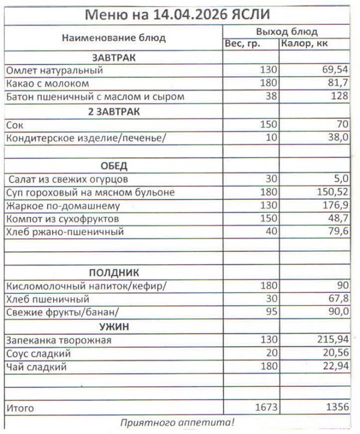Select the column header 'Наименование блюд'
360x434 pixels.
(113, 38)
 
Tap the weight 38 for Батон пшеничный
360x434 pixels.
(271, 97)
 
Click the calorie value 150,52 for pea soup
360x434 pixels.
(332, 192)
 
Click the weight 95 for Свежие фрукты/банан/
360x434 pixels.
(271, 312)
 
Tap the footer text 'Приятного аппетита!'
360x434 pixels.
(177, 422)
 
